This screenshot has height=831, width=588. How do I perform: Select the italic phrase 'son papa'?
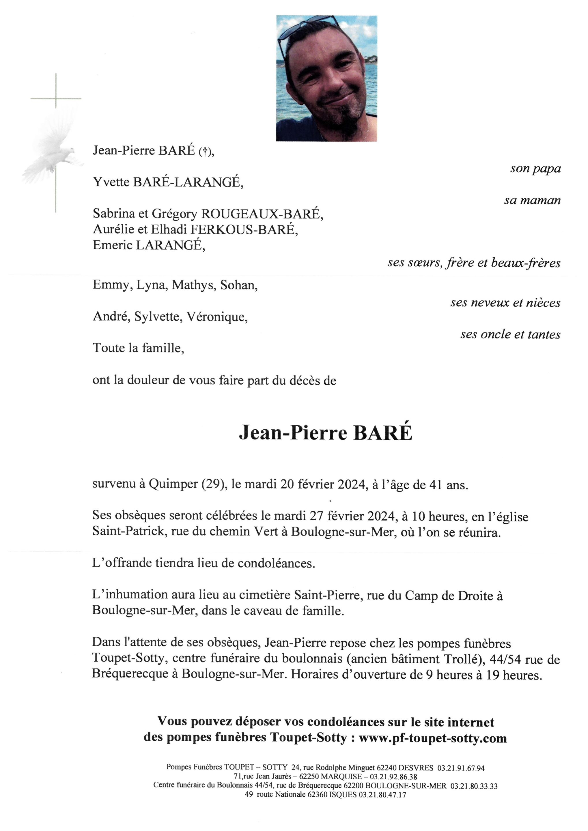click(x=535, y=169)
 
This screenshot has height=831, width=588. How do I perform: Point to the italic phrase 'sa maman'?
click(x=532, y=200)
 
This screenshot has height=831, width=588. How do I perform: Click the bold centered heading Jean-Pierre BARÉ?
click(x=326, y=433)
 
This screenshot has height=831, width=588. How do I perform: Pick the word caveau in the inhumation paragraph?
click(x=262, y=611)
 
